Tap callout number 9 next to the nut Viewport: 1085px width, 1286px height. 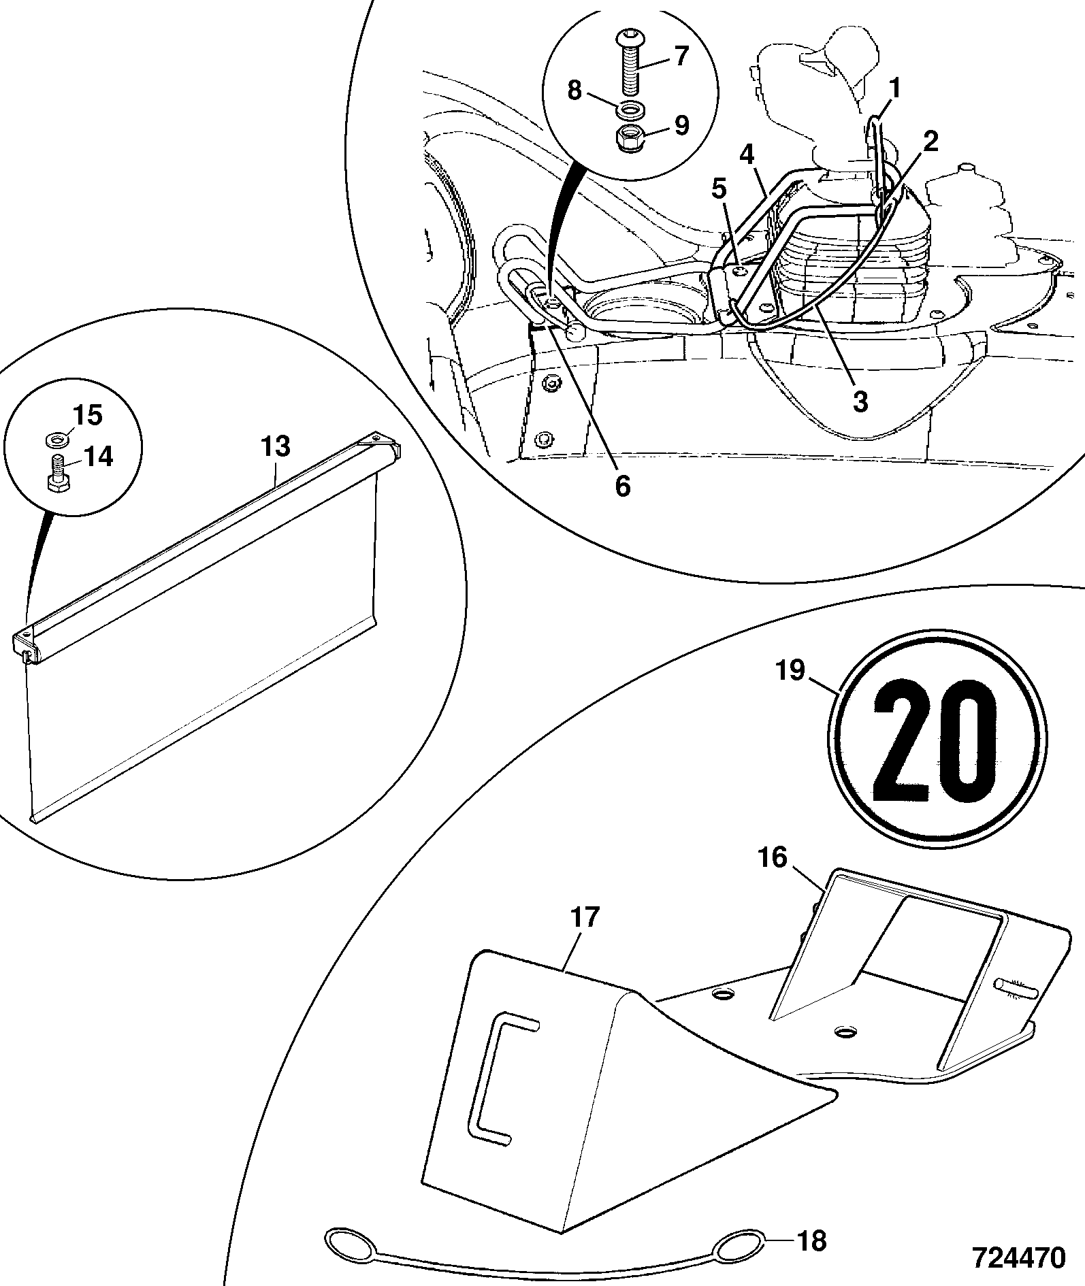[681, 125]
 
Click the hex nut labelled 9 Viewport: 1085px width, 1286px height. [629, 138]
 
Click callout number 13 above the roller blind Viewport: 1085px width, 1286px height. [275, 447]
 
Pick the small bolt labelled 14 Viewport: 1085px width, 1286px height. [57, 473]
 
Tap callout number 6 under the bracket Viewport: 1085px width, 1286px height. [622, 487]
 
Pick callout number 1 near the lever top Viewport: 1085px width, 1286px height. [895, 88]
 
